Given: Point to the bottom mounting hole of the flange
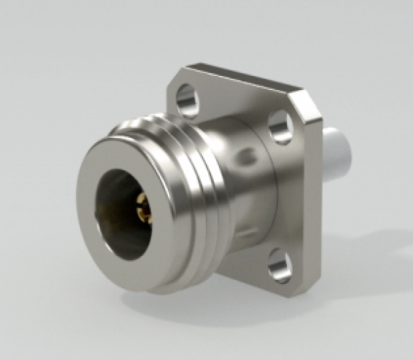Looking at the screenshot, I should coord(279,270).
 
